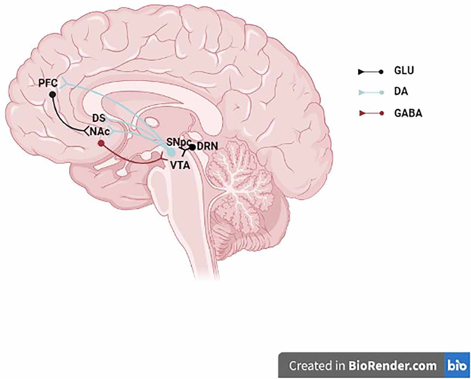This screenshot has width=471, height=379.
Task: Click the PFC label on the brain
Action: [x=48, y=83]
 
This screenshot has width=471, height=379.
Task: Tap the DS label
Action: [x=99, y=119]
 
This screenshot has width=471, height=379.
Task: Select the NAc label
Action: [x=100, y=132]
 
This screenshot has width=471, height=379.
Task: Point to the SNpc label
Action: [x=179, y=142]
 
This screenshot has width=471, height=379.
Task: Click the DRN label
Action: [x=207, y=146]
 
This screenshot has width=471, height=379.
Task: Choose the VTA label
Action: [x=180, y=165]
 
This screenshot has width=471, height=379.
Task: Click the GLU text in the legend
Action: [x=404, y=71]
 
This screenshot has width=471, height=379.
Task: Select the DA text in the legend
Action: [x=401, y=92]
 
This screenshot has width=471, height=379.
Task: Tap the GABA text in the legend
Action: [x=408, y=113]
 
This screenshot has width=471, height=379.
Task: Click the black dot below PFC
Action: [x=53, y=95]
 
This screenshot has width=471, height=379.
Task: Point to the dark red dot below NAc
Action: [x=101, y=143]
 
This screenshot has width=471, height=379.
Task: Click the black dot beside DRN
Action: [x=193, y=147]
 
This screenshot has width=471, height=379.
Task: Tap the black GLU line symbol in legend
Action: [x=371, y=72]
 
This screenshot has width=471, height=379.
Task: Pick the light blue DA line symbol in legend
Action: [x=371, y=93]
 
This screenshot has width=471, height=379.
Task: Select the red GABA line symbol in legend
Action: [x=371, y=113]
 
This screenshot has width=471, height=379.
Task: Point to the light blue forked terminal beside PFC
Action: [x=64, y=83]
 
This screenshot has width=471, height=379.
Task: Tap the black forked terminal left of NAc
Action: [x=86, y=131]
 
